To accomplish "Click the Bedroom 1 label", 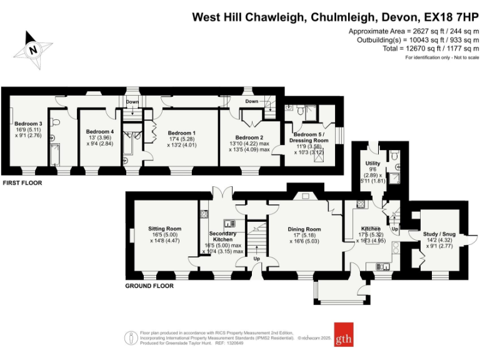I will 181,133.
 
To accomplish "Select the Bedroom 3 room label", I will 28,124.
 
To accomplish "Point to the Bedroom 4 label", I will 100,132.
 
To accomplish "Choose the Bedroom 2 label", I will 249,137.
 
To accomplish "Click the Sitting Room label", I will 164,229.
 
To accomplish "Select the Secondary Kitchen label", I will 222,235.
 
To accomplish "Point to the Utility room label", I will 373,163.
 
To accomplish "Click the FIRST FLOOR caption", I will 22,182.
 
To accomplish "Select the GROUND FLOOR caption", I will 150,286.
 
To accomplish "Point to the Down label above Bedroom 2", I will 252,101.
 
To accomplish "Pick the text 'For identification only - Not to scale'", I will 442,57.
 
